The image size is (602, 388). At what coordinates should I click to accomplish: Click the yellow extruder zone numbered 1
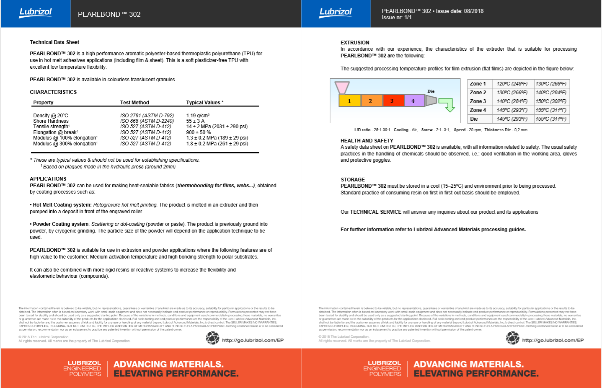349,101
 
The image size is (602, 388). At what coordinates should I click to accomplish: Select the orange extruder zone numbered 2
371,101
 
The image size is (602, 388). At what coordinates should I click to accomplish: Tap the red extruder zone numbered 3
393,101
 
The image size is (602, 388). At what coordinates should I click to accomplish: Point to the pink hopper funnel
342,87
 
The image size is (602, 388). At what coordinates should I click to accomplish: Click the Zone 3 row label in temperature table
478,101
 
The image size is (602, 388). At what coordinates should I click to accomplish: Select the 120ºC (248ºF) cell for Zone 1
512,84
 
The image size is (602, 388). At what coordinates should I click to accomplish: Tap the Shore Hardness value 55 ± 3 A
195,121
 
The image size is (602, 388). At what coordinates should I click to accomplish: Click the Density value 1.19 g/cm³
198,116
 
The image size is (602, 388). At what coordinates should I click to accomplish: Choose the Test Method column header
134,103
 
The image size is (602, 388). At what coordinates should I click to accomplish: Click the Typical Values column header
205,103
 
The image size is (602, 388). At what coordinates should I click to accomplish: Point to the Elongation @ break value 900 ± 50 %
199,132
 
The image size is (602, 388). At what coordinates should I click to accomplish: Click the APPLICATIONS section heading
48,179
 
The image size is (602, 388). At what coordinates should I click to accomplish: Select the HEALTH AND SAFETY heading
367,141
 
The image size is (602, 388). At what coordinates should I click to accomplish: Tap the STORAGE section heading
353,180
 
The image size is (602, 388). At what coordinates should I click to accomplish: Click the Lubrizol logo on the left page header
36,13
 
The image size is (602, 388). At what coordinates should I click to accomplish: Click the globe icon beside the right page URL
512,338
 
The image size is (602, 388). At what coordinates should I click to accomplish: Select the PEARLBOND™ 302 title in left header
109,14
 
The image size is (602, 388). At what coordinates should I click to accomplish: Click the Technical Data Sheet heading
54,42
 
